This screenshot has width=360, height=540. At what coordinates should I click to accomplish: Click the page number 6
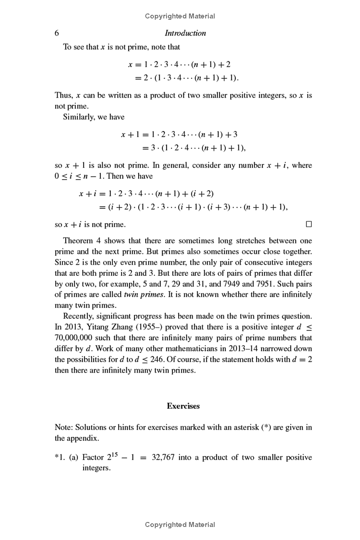click(57, 33)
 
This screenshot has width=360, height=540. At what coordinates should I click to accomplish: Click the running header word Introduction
click(185, 33)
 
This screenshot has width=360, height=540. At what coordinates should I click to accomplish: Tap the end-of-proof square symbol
click(308, 224)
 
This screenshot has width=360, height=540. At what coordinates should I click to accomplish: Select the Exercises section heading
click(183, 406)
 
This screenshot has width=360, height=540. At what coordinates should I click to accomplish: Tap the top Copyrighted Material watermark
click(180, 16)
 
